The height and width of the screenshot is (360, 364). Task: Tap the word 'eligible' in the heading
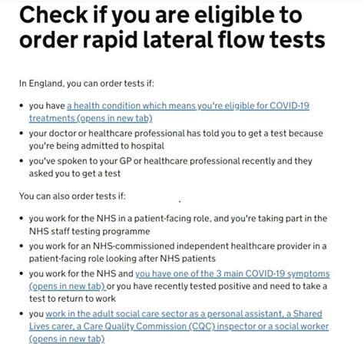click(x=244, y=14)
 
